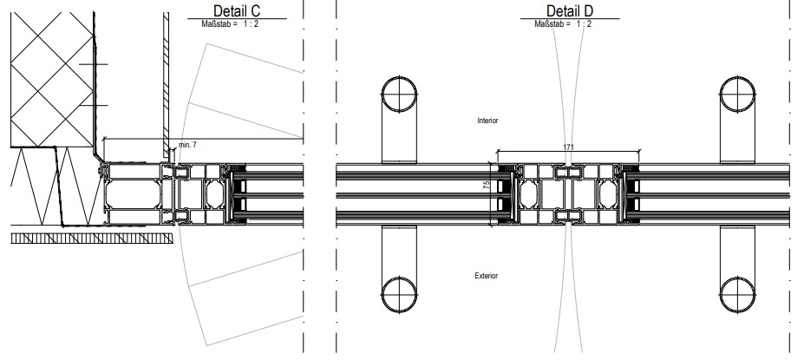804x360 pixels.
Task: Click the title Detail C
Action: [x=237, y=10]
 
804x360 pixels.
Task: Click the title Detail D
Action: [x=570, y=10]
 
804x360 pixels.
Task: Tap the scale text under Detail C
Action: [x=230, y=23]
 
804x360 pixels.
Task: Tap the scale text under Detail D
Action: [x=563, y=23]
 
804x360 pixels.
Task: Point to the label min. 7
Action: [x=187, y=145]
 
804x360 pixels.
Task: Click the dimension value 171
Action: [x=569, y=147]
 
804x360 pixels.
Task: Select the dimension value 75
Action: [x=487, y=185]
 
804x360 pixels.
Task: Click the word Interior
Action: [x=487, y=121]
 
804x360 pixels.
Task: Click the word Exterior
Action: [x=486, y=276]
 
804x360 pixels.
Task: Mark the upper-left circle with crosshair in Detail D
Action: [x=399, y=95]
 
